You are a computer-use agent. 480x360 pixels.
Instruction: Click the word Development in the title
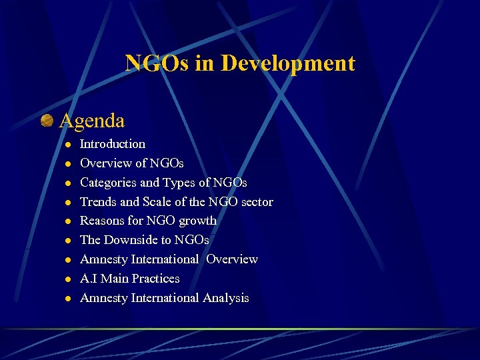[288, 64]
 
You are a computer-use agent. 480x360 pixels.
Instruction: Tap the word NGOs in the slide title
[157, 64]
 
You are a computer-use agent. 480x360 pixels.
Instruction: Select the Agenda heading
[92, 121]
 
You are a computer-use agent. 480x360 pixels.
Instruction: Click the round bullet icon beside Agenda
[47, 121]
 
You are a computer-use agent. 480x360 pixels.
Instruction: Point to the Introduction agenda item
[112, 144]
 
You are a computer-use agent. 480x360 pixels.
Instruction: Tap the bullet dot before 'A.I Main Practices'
[67, 279]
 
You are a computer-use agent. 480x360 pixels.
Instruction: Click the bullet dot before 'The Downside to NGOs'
[67, 241]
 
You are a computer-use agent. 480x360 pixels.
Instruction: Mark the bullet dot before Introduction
[67, 145]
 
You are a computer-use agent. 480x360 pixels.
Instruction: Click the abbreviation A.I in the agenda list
[87, 279]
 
